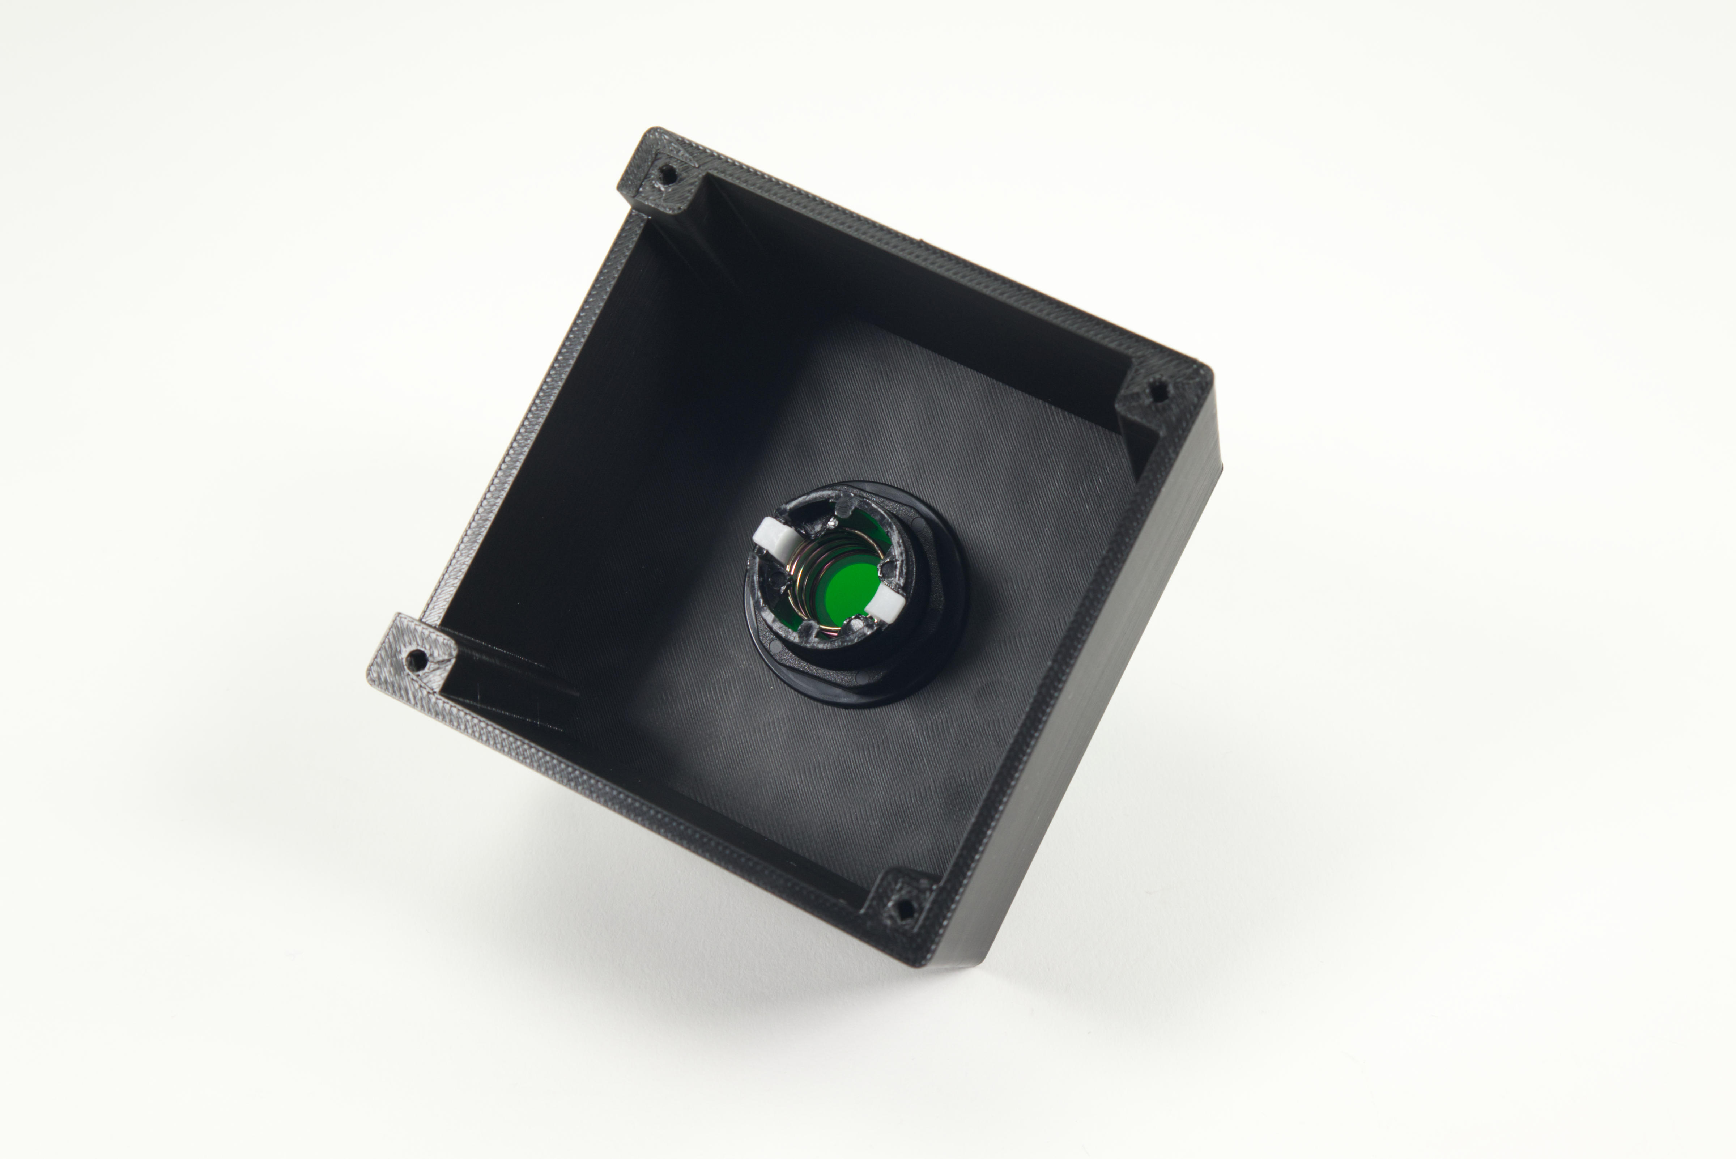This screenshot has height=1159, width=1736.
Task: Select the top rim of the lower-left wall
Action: click(x=650, y=795)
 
